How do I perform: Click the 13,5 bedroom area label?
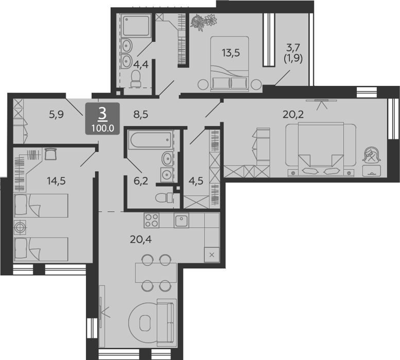231,53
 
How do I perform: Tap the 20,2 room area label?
293,115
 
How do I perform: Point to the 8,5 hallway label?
141,115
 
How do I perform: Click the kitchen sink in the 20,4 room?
181,221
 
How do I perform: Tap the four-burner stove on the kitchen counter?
151,221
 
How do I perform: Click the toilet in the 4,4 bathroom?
136,79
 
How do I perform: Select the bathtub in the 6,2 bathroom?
150,139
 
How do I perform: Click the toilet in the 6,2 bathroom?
164,197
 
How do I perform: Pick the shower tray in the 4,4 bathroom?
136,26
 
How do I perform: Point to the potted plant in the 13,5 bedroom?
203,22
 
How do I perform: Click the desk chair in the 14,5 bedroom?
50,154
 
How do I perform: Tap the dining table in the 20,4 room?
156,273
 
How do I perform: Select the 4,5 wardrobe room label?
196,181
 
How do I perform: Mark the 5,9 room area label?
57,115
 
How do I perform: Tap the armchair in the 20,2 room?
372,154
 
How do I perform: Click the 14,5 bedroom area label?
56,181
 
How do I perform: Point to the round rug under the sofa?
144,323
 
